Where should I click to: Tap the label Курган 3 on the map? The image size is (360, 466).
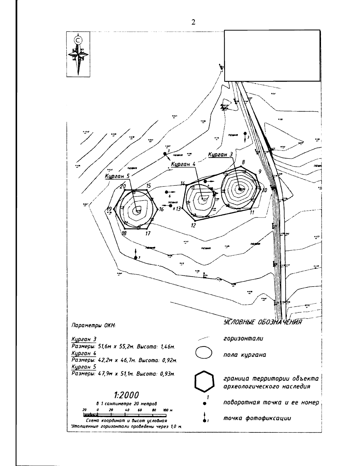(x=220, y=154)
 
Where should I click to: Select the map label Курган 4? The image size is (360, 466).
(x=183, y=164)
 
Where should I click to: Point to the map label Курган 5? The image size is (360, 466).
(x=117, y=176)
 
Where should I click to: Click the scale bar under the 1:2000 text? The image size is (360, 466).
(x=125, y=415)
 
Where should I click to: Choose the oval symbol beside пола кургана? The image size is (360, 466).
(x=204, y=353)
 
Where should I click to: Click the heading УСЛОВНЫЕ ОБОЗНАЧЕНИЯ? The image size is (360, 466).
(x=262, y=322)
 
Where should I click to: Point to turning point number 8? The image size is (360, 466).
(x=243, y=162)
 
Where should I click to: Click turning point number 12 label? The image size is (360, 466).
(x=193, y=225)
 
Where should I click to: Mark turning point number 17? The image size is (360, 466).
(x=148, y=233)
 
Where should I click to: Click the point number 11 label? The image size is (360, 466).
(x=252, y=212)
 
